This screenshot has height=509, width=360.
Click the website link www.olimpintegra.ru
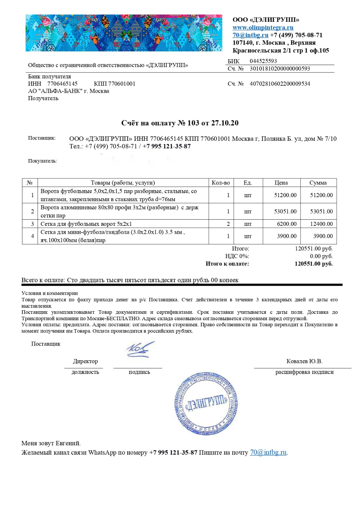point(263,28)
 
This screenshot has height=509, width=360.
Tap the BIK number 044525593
point(263,61)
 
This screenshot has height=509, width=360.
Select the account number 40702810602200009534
point(280,84)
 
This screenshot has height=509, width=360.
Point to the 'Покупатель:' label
point(42,161)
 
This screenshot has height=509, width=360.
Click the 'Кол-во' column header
point(221,183)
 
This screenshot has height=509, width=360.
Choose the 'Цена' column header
point(281,183)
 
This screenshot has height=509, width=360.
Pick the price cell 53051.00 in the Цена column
point(285,211)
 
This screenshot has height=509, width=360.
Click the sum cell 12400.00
point(321,224)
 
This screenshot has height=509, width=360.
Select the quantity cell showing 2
point(228,224)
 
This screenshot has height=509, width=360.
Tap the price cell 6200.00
point(286,224)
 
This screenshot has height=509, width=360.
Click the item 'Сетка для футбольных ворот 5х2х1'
point(86,224)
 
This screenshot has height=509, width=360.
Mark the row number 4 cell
point(32,236)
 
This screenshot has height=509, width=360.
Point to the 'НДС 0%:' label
point(237,256)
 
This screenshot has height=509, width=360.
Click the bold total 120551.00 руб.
point(313,264)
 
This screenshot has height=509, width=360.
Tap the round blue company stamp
point(206,404)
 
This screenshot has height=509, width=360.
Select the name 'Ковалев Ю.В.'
point(304,361)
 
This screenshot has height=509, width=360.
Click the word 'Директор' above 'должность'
point(85,361)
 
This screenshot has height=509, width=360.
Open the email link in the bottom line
point(268,453)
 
